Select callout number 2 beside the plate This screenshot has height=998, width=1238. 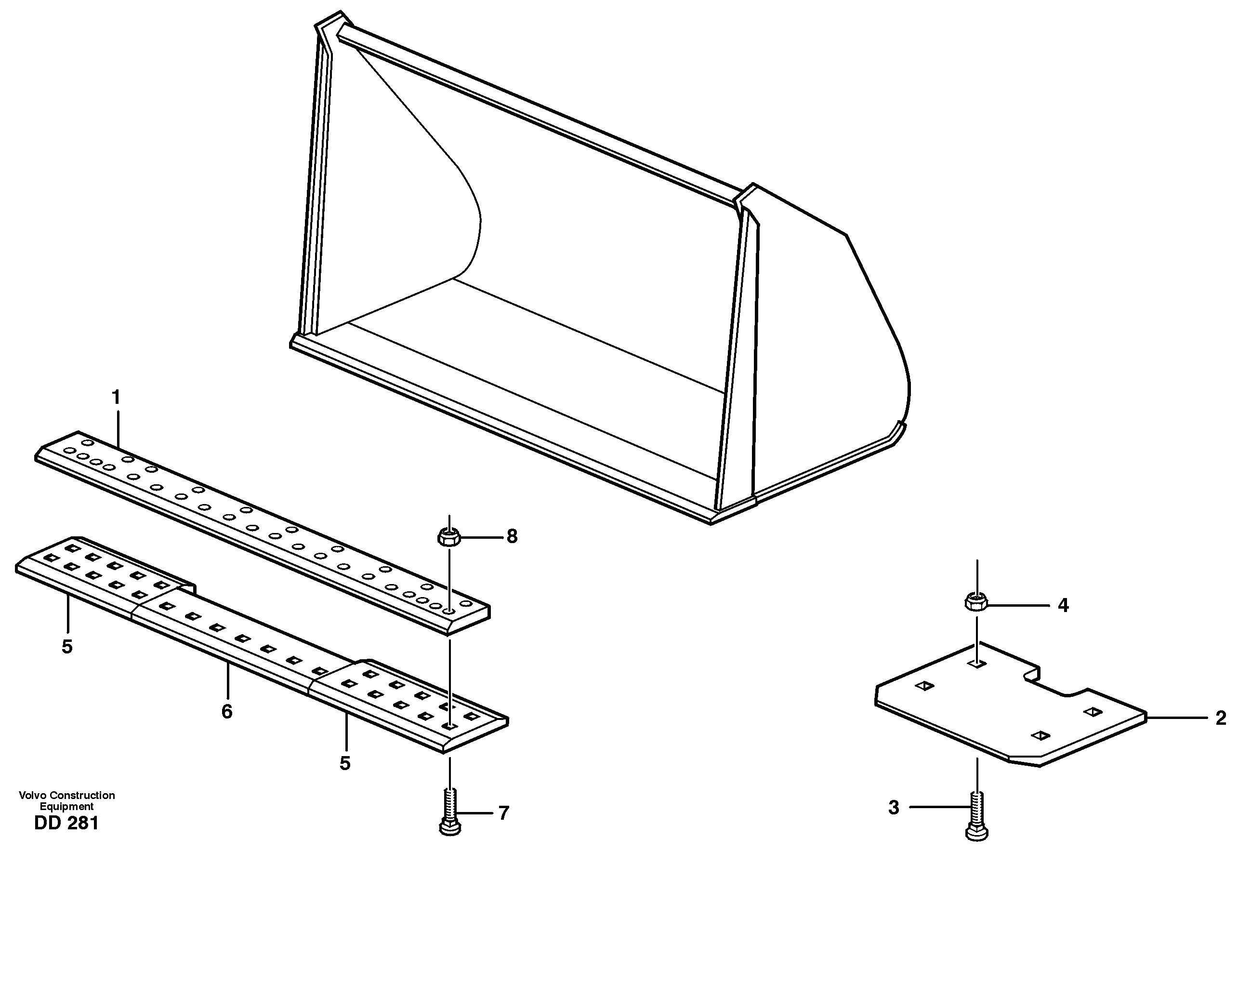click(x=1220, y=718)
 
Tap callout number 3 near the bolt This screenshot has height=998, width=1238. click(x=893, y=808)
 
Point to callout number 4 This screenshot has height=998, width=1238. click(x=1063, y=605)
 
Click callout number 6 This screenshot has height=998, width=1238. click(x=226, y=712)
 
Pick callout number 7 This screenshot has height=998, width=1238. click(x=503, y=813)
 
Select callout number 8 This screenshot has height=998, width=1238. click(x=512, y=536)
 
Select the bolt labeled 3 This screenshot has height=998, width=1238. click(x=976, y=816)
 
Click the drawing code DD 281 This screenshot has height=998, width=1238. click(x=66, y=823)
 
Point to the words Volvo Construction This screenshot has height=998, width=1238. click(x=66, y=795)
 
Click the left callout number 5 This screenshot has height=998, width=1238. click(x=67, y=647)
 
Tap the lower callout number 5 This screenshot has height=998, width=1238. click(x=344, y=763)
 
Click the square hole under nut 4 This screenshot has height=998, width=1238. click(x=976, y=665)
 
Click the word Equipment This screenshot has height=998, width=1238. click(x=66, y=807)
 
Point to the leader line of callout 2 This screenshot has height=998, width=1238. click(x=1175, y=718)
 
